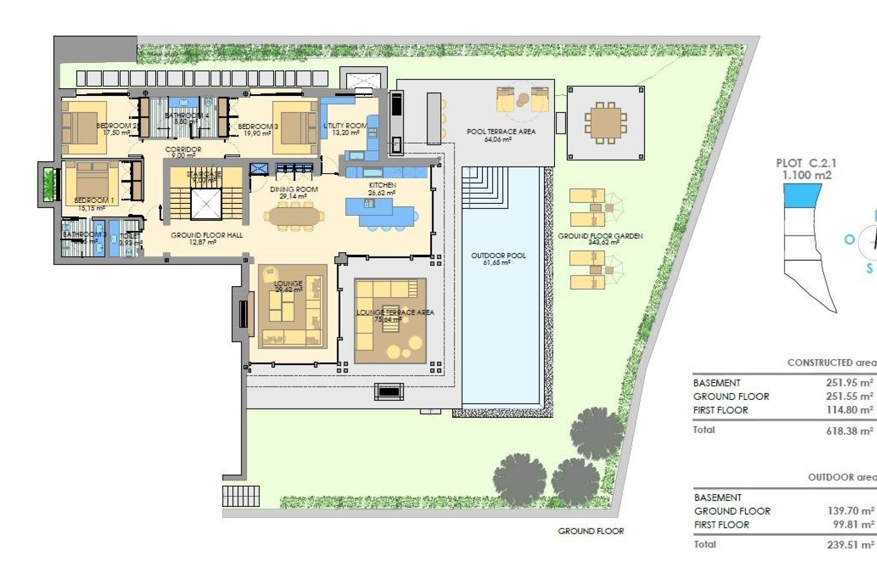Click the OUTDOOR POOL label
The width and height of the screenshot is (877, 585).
click(x=498, y=255)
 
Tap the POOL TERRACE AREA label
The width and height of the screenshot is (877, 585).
click(x=501, y=132)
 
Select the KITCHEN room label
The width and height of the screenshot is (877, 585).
click(x=382, y=185)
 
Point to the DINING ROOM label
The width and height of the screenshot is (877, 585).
click(x=294, y=189)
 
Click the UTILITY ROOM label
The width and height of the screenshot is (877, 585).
click(x=345, y=126)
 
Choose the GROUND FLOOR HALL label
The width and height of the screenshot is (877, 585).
click(x=206, y=235)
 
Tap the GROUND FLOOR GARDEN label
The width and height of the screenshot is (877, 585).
click(x=600, y=236)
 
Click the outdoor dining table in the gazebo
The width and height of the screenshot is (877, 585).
click(x=606, y=122)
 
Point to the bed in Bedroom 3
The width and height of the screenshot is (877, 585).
click(x=295, y=128)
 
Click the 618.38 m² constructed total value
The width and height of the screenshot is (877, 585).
click(x=850, y=431)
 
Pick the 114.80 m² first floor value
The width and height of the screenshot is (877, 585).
click(x=850, y=410)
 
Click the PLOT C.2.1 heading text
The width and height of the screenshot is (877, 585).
click(x=806, y=163)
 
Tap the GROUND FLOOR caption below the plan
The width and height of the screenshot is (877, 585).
click(x=591, y=531)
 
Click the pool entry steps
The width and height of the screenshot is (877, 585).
click(x=485, y=187)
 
